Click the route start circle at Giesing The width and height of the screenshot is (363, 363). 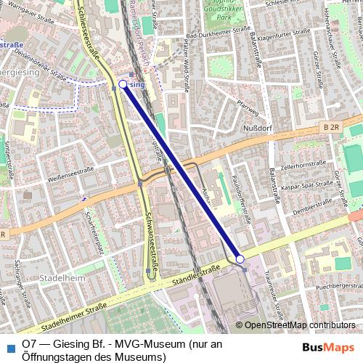pos(123,85)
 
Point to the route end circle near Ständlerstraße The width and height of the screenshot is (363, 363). pos(240,258)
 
